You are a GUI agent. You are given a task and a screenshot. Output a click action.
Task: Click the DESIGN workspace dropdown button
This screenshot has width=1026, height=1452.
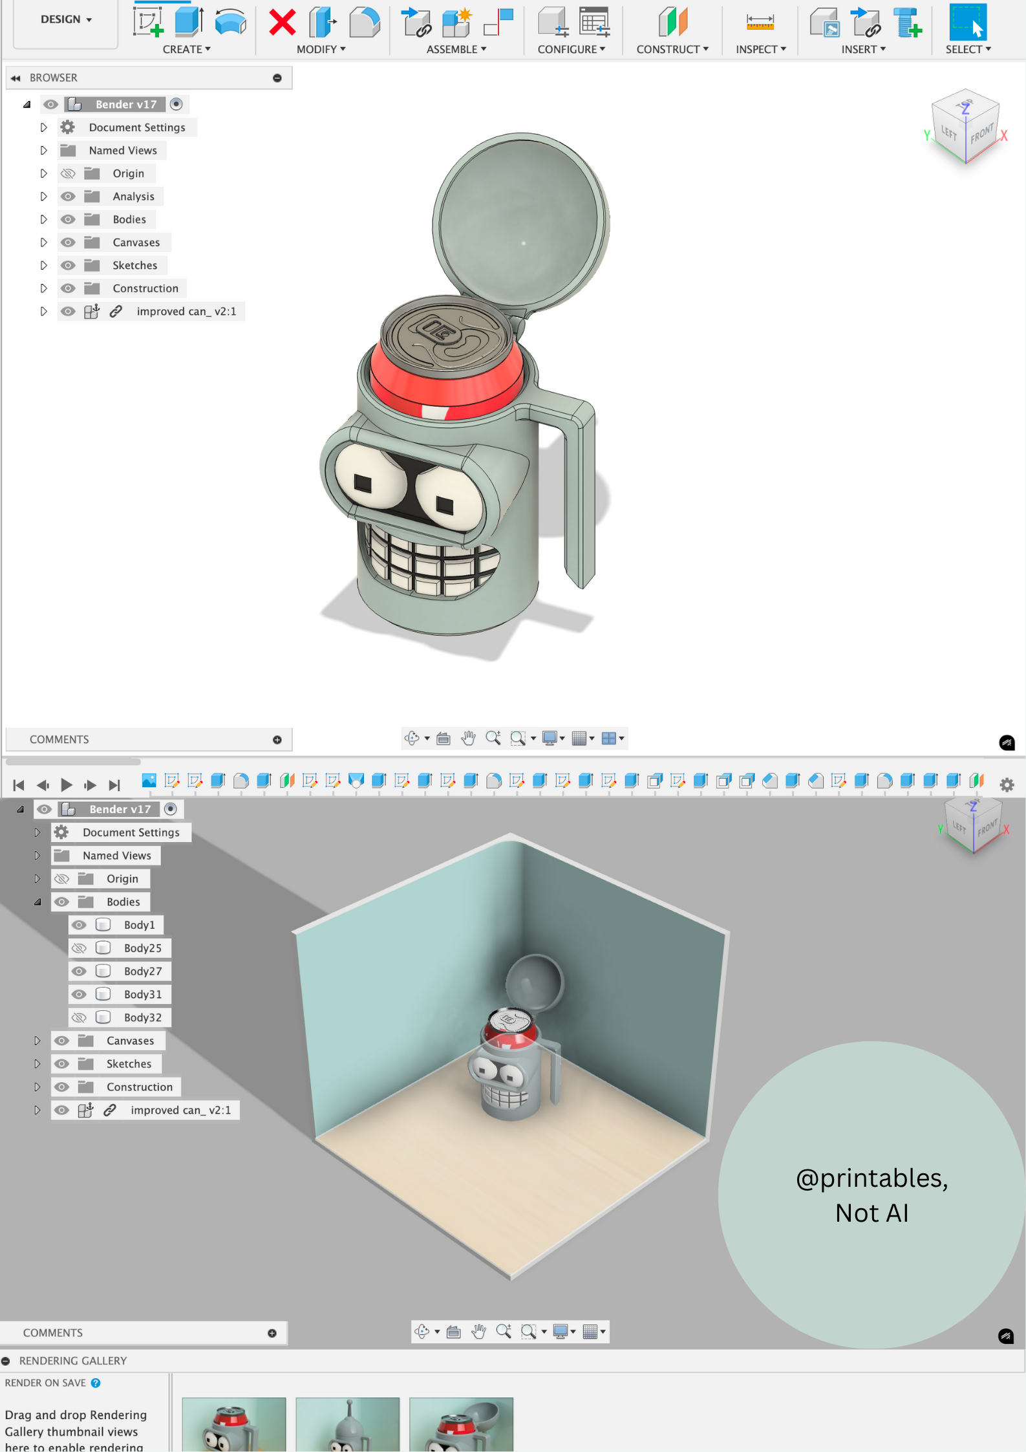point(66,20)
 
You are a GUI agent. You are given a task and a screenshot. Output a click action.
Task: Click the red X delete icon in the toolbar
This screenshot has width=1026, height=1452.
point(283,23)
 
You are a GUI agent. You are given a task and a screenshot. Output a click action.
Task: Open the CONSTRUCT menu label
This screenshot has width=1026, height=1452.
point(672,49)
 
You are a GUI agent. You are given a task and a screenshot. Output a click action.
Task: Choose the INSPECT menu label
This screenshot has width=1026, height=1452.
point(761,49)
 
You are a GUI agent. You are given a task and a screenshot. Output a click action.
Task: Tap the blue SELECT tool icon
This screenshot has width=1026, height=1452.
point(968,22)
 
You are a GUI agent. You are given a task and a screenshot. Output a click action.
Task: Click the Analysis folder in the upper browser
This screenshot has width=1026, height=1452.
point(133,197)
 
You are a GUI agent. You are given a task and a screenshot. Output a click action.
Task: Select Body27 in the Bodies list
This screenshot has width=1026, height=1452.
point(142,971)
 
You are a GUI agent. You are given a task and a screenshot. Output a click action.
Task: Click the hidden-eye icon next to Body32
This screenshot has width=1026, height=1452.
point(79,1017)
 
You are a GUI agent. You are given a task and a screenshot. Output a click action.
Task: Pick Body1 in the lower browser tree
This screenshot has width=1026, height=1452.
point(139,925)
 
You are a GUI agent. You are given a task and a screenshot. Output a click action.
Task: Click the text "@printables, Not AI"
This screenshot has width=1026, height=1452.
point(871,1195)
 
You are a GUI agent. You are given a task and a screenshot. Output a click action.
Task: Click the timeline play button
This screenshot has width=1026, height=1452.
point(66,785)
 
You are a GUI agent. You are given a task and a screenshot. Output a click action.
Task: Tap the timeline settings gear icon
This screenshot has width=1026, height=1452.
point(1007,785)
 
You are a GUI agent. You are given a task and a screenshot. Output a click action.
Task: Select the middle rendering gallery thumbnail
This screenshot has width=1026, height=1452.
point(347,1424)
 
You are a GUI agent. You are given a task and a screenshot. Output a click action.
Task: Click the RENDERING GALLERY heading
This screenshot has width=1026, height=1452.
point(73,1361)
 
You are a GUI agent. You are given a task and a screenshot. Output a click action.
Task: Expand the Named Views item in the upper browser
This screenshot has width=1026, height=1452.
point(43,151)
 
